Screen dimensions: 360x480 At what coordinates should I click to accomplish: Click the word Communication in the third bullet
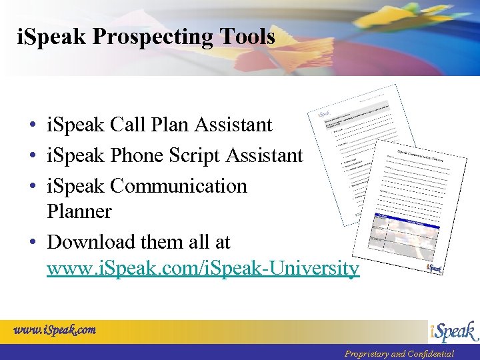pos(179,185)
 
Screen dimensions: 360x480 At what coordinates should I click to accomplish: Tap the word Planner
pos(79,211)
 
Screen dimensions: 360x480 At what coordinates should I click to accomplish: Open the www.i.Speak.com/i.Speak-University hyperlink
pos(203,268)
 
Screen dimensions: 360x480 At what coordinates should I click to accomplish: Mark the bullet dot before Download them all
pos(31,242)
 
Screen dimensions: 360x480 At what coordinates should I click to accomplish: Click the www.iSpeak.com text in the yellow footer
pos(55,329)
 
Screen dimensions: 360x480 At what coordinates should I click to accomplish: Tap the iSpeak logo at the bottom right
pos(453,331)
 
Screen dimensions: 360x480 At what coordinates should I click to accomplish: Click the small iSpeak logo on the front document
pos(434,268)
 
